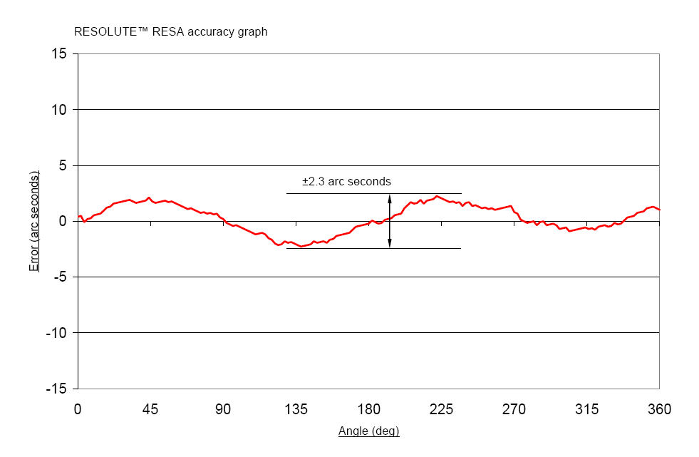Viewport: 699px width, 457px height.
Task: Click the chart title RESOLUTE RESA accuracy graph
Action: tap(171, 32)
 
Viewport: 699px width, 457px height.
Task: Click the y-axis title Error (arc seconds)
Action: tap(34, 221)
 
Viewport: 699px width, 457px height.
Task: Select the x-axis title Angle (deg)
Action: tap(368, 431)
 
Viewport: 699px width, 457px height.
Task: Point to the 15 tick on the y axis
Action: tap(61, 54)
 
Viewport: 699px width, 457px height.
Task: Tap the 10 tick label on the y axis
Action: tap(61, 110)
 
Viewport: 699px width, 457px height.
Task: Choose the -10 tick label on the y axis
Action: tap(57, 333)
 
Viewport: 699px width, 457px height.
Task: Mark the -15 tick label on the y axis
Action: tap(57, 389)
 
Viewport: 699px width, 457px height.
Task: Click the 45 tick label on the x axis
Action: tap(150, 409)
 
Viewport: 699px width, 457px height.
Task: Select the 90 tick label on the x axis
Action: tap(223, 409)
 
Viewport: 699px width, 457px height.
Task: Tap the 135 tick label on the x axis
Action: tap(296, 409)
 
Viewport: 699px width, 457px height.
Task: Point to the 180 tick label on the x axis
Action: tap(368, 409)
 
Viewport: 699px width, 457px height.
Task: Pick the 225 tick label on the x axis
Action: tap(441, 409)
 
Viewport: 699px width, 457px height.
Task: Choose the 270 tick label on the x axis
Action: tap(514, 409)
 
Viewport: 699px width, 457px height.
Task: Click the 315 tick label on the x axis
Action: tap(586, 409)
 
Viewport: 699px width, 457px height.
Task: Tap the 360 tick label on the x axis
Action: tap(659, 409)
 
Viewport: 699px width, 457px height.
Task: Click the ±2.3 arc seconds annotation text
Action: tap(346, 182)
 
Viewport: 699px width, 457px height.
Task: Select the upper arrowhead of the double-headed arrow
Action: tap(390, 197)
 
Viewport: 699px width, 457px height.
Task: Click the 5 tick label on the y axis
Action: tap(63, 165)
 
